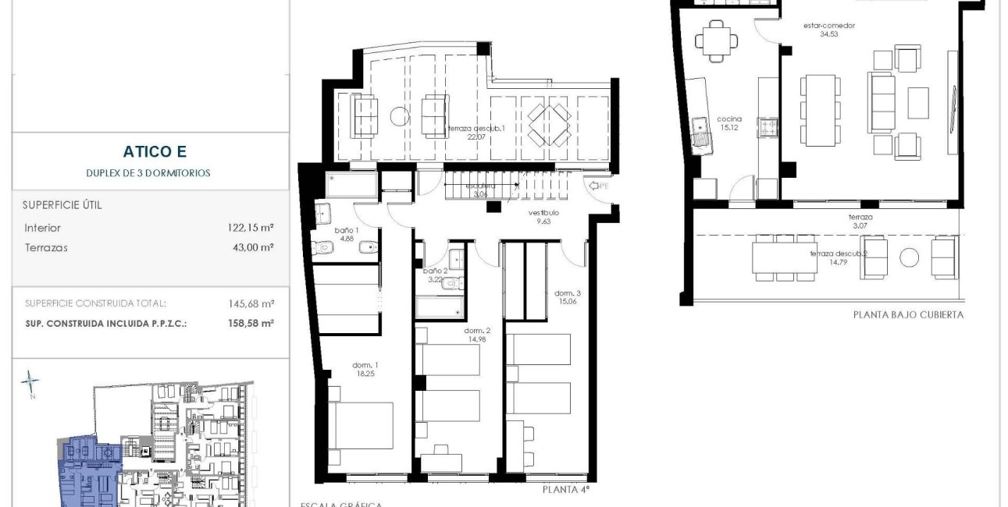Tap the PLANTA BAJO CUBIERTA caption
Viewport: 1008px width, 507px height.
pyautogui.click(x=908, y=315)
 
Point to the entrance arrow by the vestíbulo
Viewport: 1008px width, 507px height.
pyautogui.click(x=596, y=186)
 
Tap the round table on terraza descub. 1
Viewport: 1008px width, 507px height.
pyautogui.click(x=398, y=116)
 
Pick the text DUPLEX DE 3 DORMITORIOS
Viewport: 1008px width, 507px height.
pyautogui.click(x=148, y=173)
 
